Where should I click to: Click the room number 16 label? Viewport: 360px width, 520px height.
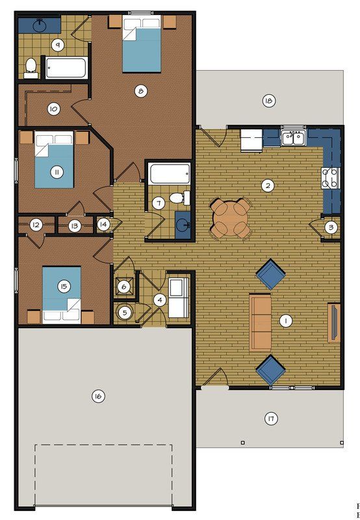coord(98,396)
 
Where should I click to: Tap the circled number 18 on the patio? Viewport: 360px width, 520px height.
coord(268,100)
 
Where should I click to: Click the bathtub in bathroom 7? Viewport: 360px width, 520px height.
coord(169,174)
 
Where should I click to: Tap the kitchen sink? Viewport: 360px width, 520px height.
coord(294,137)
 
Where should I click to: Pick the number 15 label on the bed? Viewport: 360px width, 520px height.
coord(63,285)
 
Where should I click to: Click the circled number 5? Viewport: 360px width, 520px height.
coord(125,312)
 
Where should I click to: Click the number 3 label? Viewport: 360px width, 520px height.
coord(331,227)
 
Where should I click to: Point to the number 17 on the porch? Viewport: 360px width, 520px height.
coord(271,419)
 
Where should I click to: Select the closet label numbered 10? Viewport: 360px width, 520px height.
coord(54,109)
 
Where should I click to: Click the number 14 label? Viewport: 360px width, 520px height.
coord(103,224)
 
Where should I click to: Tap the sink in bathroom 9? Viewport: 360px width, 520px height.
coord(38,25)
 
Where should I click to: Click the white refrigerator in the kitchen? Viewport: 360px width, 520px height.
coord(250,140)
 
